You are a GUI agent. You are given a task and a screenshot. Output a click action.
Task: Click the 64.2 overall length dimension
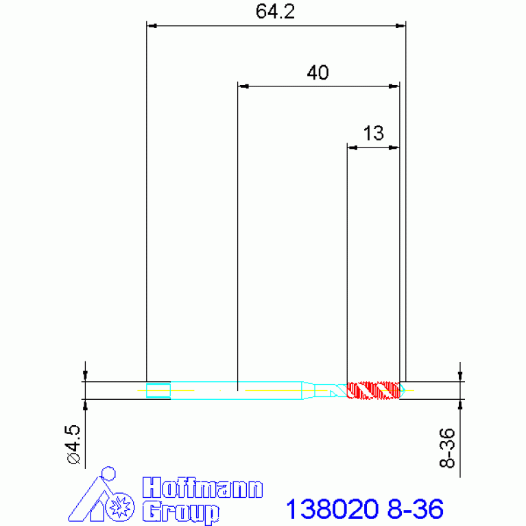pyautogui.click(x=275, y=12)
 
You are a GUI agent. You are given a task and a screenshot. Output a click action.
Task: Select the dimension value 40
pyautogui.click(x=317, y=73)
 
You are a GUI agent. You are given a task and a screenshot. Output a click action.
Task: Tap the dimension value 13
pyautogui.click(x=373, y=133)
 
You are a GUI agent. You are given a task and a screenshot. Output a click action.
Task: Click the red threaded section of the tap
pyautogui.click(x=373, y=390)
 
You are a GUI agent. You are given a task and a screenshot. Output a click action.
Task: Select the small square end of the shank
pyautogui.click(x=158, y=390)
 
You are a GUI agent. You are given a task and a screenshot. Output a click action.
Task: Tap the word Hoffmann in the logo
pyautogui.click(x=202, y=488)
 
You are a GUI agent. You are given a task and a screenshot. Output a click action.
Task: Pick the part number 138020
pyautogui.click(x=332, y=510)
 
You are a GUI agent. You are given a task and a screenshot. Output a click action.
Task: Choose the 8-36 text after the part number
pyautogui.click(x=415, y=510)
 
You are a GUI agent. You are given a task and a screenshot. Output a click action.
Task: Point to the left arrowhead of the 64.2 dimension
pyautogui.click(x=153, y=26)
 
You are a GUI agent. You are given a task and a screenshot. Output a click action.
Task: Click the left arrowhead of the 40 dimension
pyautogui.click(x=242, y=86)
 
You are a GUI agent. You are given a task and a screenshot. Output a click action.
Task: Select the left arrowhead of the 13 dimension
pyautogui.click(x=352, y=147)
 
